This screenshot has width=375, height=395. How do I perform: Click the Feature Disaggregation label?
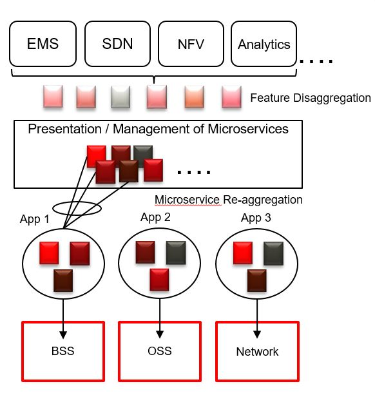point(311,98)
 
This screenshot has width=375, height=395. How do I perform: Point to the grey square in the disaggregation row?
point(120,97)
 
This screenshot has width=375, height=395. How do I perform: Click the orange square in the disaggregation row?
point(194,97)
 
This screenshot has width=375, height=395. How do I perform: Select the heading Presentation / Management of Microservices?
point(158,129)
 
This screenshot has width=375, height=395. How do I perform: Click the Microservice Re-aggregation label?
point(229,200)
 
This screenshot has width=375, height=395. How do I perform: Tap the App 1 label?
point(35,219)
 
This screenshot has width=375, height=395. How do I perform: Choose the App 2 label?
point(155,217)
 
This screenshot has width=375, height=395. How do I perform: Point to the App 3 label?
point(256,218)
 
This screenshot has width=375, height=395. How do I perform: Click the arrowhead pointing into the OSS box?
point(160,334)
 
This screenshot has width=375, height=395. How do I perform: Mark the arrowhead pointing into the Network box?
point(257,334)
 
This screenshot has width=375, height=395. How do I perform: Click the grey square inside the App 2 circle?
point(176,253)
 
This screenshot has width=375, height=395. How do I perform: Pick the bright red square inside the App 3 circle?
point(243,253)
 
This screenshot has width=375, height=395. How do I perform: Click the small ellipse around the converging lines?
point(77,202)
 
